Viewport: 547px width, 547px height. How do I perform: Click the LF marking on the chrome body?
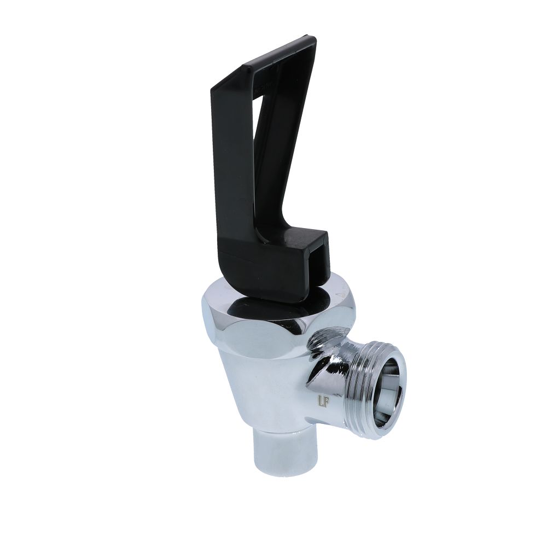(x=323, y=401)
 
